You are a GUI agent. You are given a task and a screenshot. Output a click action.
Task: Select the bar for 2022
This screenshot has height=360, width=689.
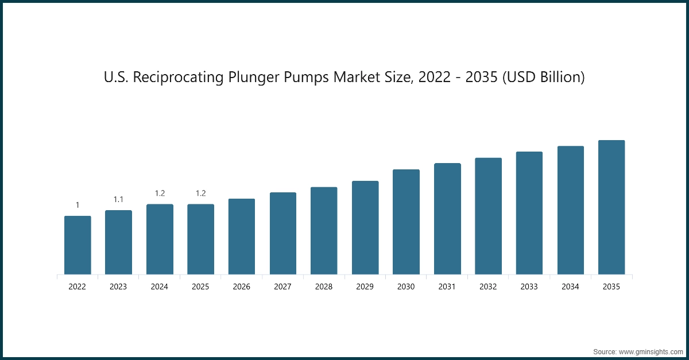click(78, 245)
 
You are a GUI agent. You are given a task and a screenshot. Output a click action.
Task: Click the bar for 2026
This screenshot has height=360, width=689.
click(242, 237)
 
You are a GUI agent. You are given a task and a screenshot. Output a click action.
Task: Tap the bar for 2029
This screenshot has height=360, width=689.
click(365, 227)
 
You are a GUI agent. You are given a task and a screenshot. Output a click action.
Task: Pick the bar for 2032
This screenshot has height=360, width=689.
click(488, 216)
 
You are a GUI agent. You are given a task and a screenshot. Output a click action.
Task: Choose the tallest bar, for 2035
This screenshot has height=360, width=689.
click(611, 207)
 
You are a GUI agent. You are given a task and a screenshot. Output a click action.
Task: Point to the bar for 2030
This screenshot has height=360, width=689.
click(406, 222)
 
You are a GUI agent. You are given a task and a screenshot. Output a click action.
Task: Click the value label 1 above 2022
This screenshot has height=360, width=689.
click(78, 205)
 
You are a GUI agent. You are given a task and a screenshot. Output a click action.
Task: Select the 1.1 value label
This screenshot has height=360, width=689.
click(118, 199)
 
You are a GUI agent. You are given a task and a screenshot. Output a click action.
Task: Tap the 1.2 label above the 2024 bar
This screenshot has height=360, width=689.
click(160, 193)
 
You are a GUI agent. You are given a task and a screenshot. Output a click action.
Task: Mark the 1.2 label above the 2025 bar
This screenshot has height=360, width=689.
click(200, 193)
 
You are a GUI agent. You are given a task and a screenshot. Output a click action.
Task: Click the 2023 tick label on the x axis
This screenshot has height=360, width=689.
click(118, 286)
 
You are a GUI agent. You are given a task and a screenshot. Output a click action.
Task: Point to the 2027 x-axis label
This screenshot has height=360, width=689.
click(282, 286)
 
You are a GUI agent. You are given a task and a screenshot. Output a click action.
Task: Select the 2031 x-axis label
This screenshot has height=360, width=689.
click(447, 286)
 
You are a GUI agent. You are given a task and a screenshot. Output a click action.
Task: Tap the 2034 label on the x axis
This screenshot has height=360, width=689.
click(570, 286)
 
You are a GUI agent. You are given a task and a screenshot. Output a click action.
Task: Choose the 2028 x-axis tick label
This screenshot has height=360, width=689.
click(324, 286)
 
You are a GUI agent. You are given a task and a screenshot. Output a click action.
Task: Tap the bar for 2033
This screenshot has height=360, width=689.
click(529, 213)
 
